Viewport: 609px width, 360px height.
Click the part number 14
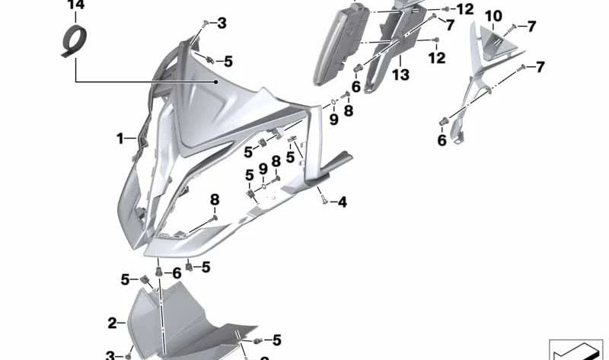75,7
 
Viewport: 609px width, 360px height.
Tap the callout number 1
120,139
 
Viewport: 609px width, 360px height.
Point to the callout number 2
112,323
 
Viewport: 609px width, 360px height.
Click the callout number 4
343,202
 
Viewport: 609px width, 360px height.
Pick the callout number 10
493,15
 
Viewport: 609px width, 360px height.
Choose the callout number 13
400,75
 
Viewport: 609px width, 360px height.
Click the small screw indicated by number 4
323,200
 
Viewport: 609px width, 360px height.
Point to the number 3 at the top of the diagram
222,24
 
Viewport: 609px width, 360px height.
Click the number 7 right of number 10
531,27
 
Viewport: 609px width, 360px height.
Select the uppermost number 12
464,9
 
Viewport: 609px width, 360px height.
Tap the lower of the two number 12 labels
435,58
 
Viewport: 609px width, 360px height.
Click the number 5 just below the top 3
228,60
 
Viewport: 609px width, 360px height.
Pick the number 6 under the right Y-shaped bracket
442,139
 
